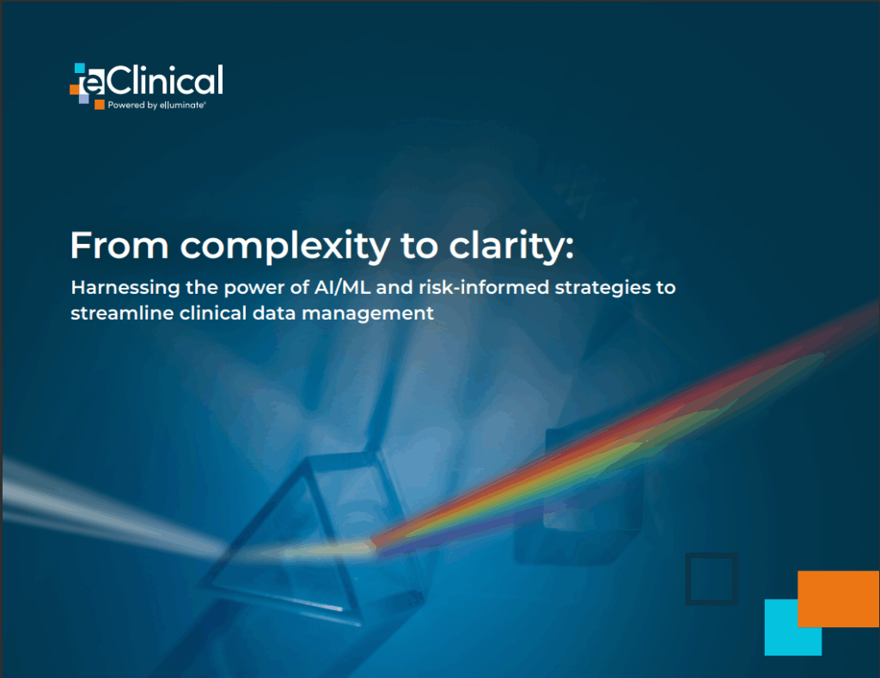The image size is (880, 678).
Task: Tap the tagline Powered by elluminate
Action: coord(156,105)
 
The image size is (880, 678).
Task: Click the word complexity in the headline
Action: coord(285,246)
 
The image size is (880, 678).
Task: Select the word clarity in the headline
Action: coord(511,246)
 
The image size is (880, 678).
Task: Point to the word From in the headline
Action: coord(119,245)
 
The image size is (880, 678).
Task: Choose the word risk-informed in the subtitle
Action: coord(484,287)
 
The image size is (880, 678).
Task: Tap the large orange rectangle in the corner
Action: coord(839,599)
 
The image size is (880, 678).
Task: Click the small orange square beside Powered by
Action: coord(100,105)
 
